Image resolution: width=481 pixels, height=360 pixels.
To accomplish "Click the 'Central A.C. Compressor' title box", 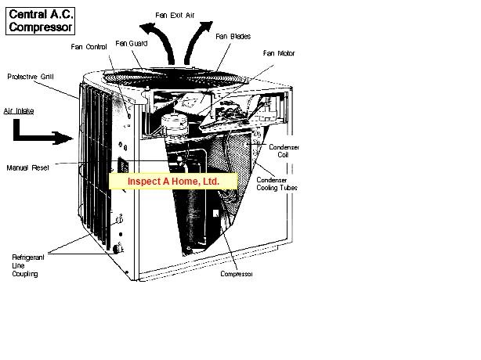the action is click(x=40, y=21).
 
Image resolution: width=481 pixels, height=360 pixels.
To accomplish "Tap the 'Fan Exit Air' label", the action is click(x=175, y=16).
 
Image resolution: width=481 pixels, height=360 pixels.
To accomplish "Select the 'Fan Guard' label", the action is click(x=132, y=44).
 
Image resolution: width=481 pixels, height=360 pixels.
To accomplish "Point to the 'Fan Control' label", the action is click(x=89, y=47).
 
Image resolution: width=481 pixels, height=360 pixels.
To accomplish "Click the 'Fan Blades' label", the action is click(x=233, y=37).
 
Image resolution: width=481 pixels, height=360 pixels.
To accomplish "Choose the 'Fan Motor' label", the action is click(x=279, y=53).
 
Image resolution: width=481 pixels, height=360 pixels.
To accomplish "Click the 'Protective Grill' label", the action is click(x=31, y=77).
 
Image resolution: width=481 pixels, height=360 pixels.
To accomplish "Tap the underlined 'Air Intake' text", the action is click(x=19, y=111).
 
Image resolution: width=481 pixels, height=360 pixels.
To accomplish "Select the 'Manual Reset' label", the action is click(x=28, y=168).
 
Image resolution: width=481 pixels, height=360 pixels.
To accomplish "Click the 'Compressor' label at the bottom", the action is click(x=237, y=274).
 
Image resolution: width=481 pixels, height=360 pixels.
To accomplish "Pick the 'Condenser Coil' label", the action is click(x=284, y=151).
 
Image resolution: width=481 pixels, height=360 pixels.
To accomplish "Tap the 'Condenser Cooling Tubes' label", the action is click(x=277, y=184).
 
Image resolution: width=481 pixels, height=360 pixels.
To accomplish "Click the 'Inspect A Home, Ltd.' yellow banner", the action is click(x=173, y=181).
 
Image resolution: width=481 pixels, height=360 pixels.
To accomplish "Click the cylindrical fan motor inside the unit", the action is click(x=174, y=125).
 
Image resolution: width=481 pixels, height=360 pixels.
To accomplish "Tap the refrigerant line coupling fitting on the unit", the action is click(x=118, y=248).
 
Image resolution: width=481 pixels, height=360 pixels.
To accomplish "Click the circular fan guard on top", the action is click(x=175, y=77).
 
